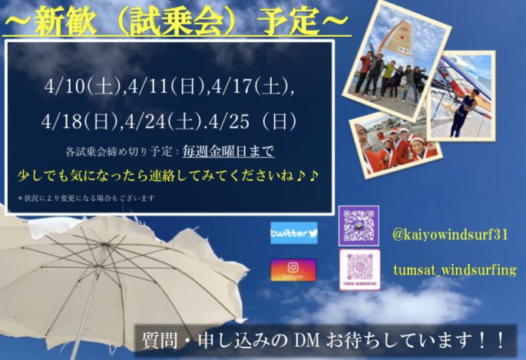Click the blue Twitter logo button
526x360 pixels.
coord(293,232)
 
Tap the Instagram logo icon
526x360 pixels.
coord(293,269)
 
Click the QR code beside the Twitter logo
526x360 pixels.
coord(359,226)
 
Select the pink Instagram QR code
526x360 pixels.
coord(359,269)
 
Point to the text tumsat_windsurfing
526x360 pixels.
coord(454,269)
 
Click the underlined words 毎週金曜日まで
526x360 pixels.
coord(233,150)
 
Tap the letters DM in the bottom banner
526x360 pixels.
coord(341,339)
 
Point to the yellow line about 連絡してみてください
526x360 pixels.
coord(169,176)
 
